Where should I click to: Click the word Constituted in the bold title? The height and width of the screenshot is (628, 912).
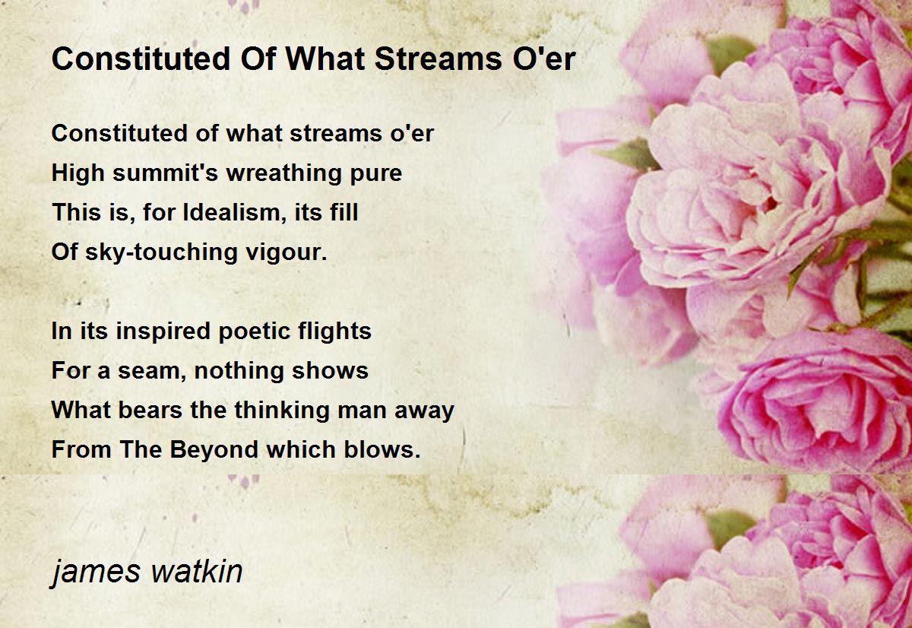[141, 59]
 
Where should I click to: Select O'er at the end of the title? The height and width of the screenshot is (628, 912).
[544, 59]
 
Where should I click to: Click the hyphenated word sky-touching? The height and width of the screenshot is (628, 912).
[161, 252]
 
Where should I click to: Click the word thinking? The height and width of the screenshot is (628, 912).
[282, 410]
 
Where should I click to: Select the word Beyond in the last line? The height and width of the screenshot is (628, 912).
[214, 449]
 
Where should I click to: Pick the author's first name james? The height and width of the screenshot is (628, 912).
[96, 572]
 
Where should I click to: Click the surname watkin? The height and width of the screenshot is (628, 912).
[197, 571]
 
